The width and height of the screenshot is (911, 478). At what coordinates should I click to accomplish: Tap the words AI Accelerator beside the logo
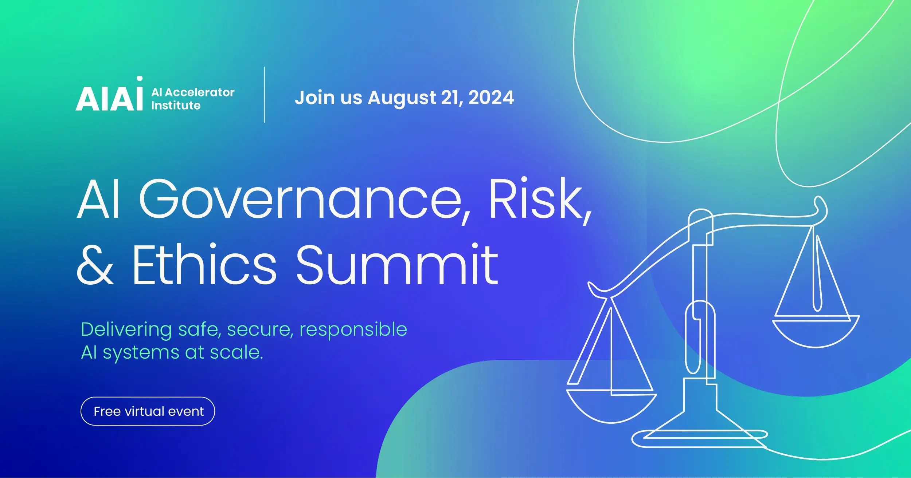pos(193,92)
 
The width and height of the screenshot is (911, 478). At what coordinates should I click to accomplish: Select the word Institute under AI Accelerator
pos(176,106)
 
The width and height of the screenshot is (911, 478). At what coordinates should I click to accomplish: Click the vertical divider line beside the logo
pos(265,95)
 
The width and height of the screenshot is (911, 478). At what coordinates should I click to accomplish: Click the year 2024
pos(491,98)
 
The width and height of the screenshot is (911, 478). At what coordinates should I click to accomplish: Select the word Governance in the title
pos(301,200)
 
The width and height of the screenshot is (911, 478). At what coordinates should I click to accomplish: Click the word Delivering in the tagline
pos(126,330)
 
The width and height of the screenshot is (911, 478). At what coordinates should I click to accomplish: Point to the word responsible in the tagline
pos(353,330)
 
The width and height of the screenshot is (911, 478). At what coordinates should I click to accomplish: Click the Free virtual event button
pos(148,411)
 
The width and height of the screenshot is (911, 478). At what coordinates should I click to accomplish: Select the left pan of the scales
pos(611,406)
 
